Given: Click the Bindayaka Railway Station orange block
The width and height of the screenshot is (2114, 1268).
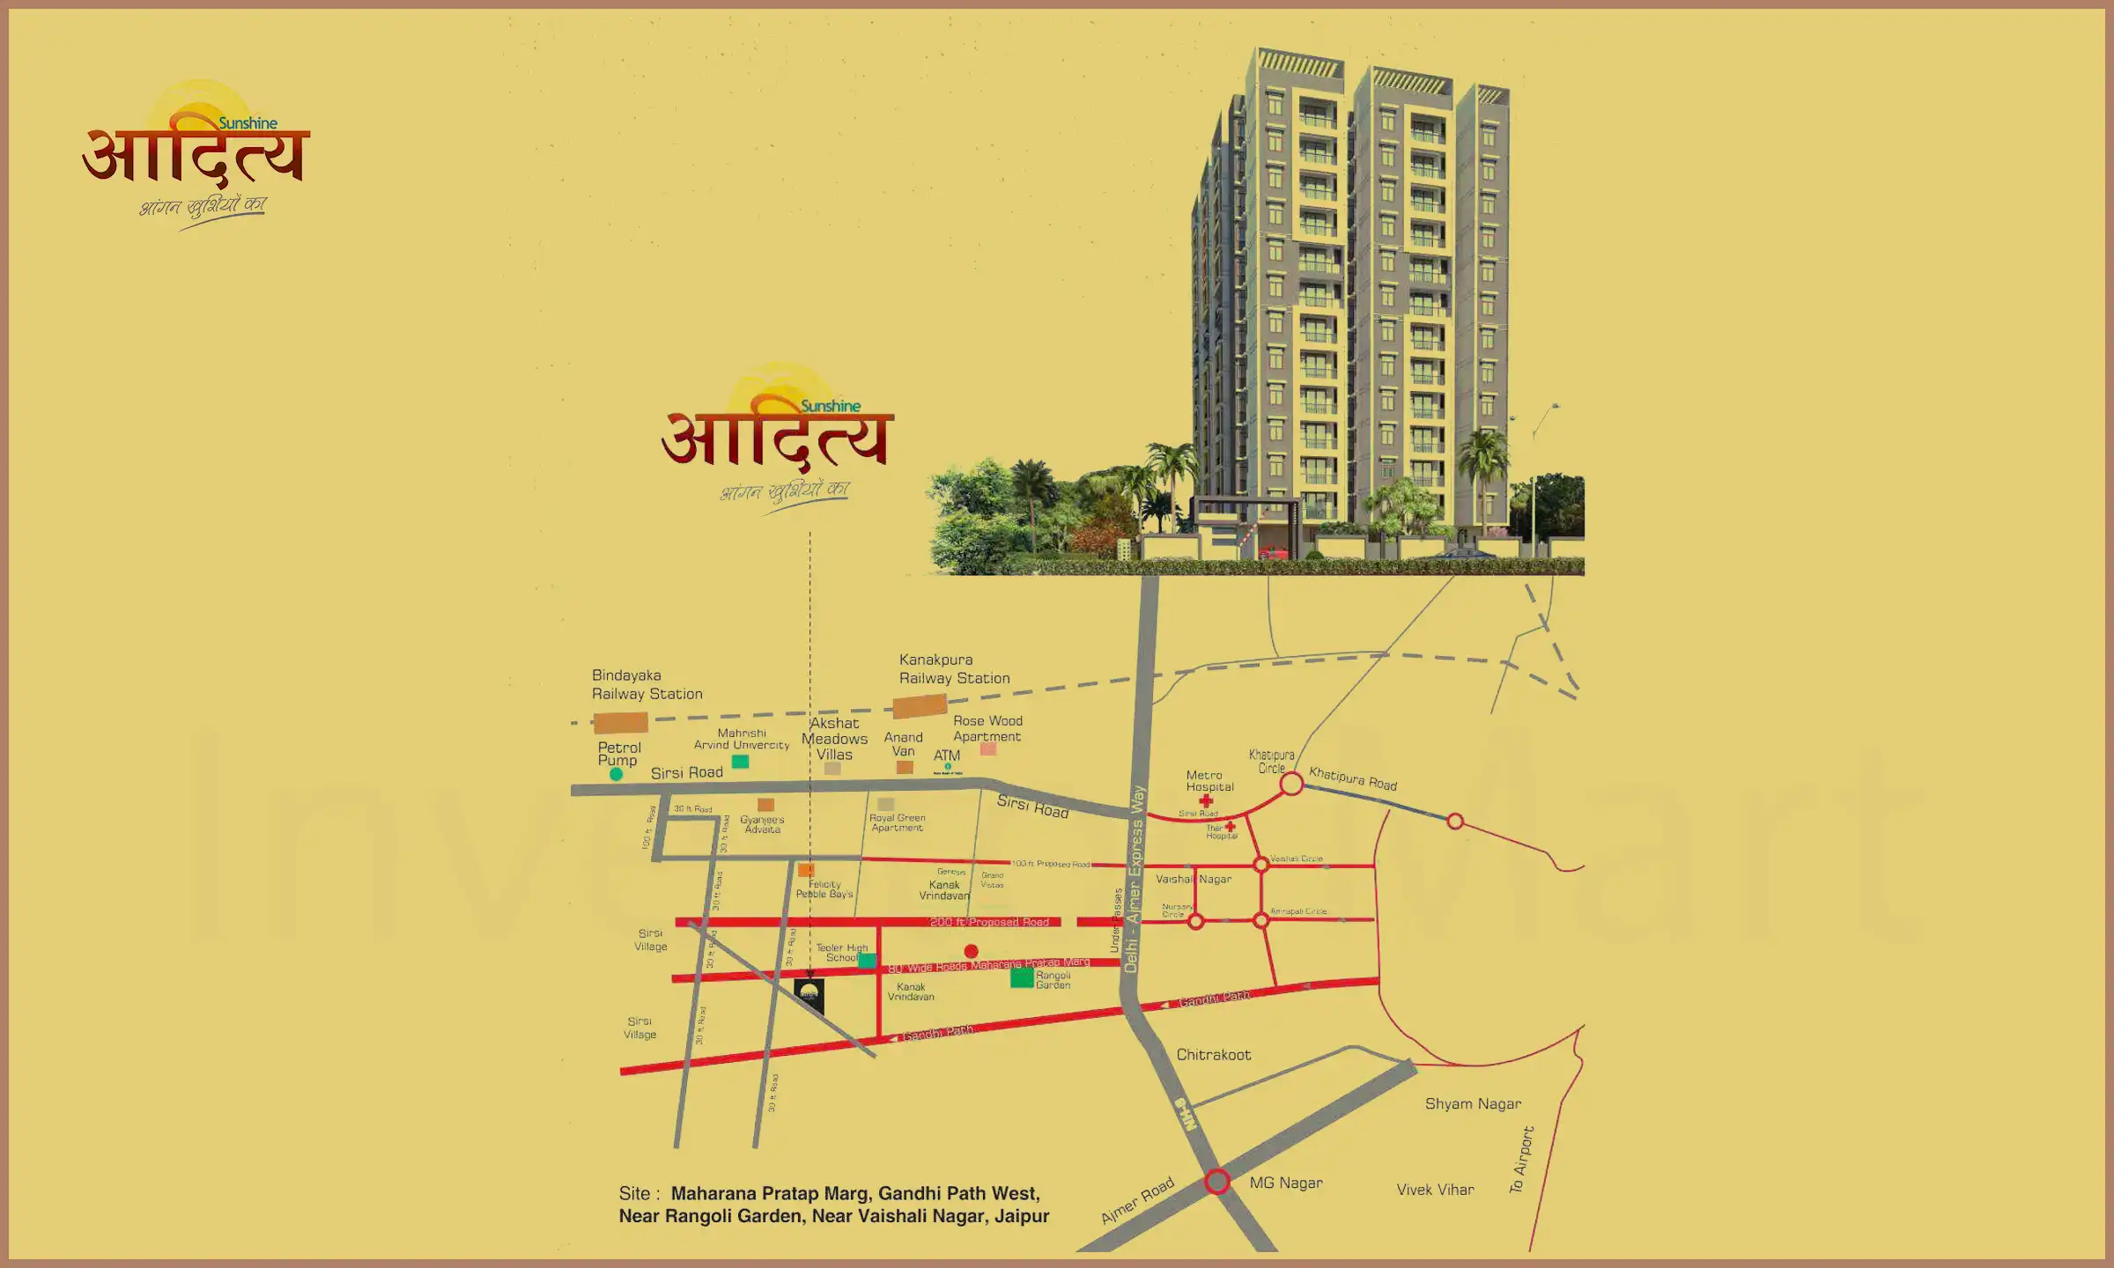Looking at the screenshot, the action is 620,724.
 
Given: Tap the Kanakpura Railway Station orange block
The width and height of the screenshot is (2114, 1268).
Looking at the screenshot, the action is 920,706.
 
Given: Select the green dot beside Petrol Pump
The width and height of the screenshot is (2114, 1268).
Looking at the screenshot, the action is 617,774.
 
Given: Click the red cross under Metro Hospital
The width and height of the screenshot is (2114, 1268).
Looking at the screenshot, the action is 1206,800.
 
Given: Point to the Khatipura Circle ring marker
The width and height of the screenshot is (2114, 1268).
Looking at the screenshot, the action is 1291,784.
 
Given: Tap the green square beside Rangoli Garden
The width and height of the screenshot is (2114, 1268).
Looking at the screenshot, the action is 1022,977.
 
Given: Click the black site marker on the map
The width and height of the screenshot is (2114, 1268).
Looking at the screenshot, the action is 809,992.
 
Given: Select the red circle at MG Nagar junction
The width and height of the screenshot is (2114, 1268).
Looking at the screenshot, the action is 1217,1181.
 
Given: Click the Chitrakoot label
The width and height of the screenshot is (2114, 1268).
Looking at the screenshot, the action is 1213,1055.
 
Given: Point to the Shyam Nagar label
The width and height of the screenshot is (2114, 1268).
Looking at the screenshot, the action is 1473,1104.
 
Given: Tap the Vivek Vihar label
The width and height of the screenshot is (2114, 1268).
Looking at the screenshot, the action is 1435,1191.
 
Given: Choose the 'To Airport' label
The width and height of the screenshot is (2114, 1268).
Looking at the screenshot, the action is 1521,1160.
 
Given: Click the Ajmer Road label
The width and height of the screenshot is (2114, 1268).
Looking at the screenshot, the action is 1137,1200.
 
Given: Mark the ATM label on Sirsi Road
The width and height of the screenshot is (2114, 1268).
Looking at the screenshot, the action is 947,756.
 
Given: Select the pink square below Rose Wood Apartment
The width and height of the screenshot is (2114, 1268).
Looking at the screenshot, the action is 988,749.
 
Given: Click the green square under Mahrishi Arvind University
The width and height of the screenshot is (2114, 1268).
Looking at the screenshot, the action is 741,762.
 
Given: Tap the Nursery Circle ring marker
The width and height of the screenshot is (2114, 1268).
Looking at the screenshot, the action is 1195,922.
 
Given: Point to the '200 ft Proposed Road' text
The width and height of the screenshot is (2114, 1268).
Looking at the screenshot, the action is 989,922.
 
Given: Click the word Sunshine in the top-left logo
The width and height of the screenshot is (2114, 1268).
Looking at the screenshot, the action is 248,123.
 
